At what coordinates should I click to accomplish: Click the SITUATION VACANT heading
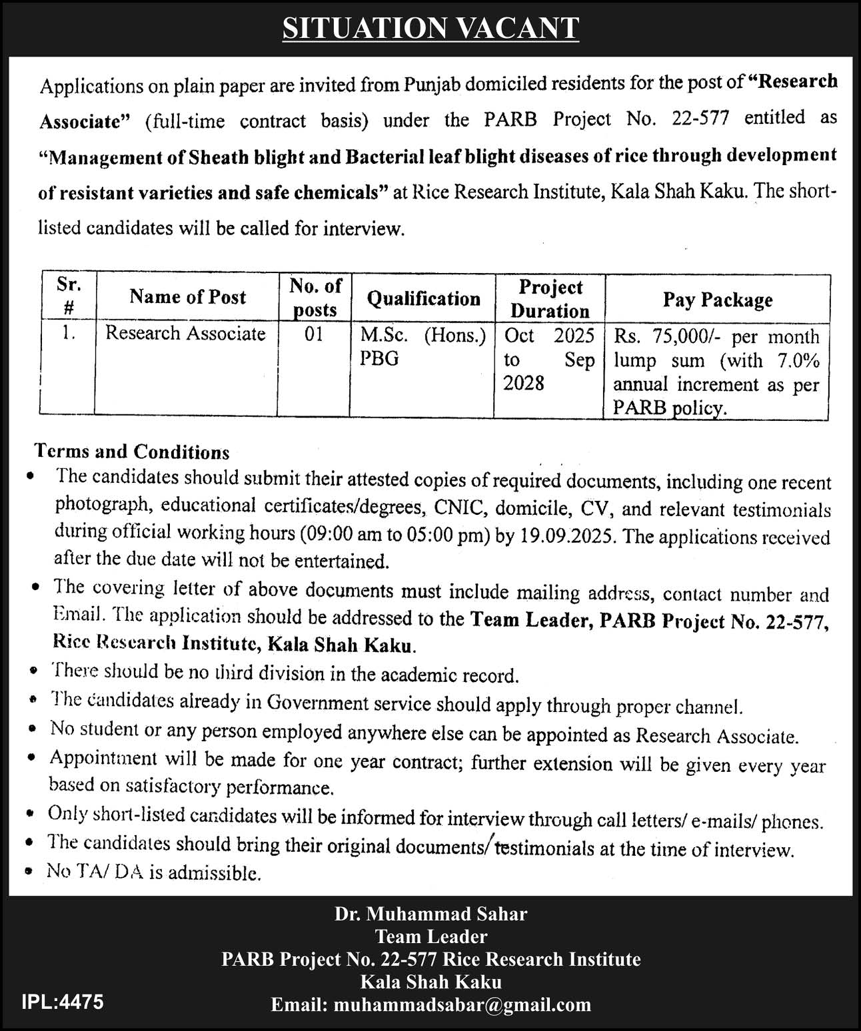coord(430,28)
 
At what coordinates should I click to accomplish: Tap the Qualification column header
coord(423,298)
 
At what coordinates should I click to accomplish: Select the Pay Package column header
coord(717,300)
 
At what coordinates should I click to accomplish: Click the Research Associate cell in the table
coord(185,333)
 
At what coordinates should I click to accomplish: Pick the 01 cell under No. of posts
coord(314,334)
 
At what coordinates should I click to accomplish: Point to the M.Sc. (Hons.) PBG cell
coord(423,346)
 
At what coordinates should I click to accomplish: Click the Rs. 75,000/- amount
coord(668,336)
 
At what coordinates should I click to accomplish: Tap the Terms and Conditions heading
coord(132,452)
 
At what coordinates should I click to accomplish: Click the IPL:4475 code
coord(63,1001)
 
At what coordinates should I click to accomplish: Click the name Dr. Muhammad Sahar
coord(430,914)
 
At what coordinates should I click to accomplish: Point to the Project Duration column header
coord(550,298)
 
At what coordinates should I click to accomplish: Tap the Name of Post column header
coord(187,297)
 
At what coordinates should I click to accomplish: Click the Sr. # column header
coord(69,296)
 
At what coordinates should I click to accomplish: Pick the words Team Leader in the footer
coord(430,936)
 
